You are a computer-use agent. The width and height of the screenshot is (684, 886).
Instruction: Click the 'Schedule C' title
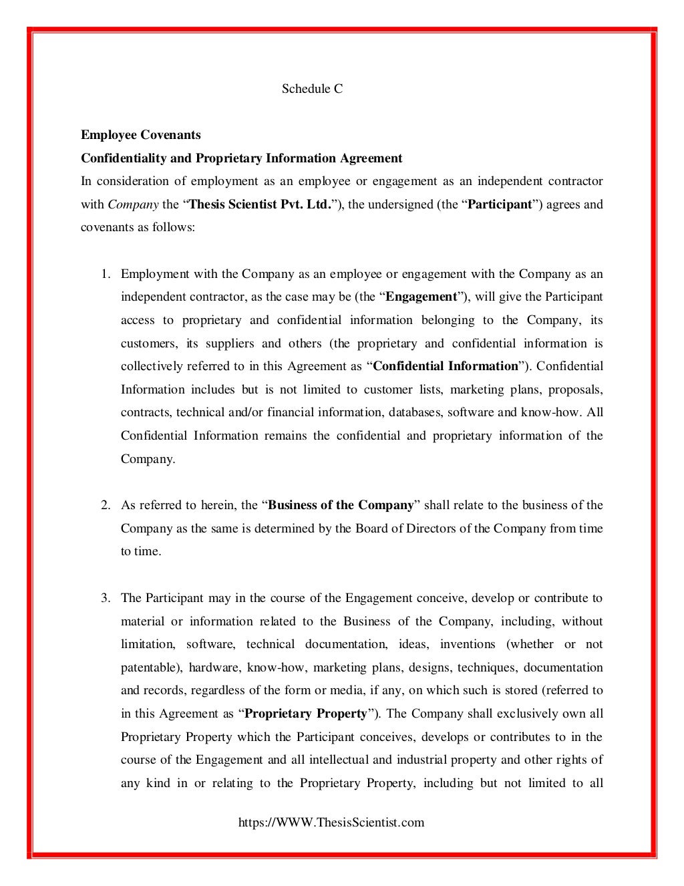point(312,89)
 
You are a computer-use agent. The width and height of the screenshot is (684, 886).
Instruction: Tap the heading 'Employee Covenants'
point(141,135)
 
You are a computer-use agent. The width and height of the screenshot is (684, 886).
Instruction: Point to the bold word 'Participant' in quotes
point(500,204)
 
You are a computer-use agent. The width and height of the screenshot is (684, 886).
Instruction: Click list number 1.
point(105,274)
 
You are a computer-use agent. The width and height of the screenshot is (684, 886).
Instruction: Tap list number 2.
point(105,505)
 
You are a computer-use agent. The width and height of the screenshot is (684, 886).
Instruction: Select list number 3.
point(105,598)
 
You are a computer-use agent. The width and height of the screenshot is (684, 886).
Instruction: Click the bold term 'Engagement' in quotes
point(421,297)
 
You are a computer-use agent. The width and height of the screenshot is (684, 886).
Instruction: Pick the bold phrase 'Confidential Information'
point(446,366)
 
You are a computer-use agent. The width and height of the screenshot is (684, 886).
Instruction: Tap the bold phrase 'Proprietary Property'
point(306,714)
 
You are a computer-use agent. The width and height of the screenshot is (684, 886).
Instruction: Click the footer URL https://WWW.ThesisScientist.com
point(331,823)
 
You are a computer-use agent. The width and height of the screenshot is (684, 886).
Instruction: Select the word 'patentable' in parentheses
point(150,668)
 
